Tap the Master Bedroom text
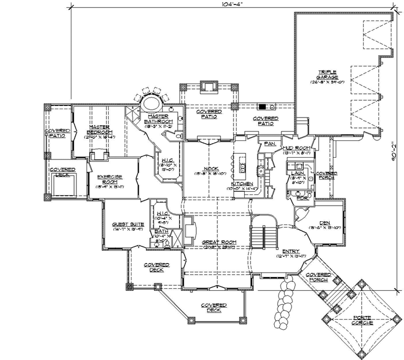pyautogui.click(x=98, y=130)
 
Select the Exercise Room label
pyautogui.click(x=110, y=179)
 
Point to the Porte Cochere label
pyautogui.click(x=362, y=320)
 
